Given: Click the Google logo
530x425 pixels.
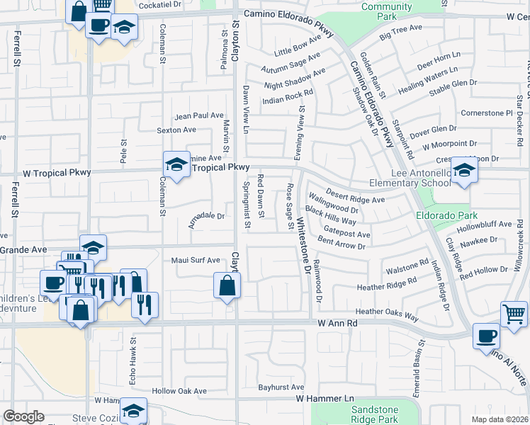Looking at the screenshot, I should tap(24, 416).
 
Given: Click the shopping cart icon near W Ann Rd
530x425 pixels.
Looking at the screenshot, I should tap(514, 312).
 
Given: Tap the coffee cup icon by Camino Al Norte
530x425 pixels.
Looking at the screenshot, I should tap(487, 336).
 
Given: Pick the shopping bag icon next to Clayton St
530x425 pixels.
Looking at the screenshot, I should tap(227, 286).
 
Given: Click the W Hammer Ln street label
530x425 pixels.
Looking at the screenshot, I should tap(324, 399).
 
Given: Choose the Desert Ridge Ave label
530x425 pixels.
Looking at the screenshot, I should tap(355, 195).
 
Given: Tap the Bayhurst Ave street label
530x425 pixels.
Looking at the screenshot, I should tap(281, 387).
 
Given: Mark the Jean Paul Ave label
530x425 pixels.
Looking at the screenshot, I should tap(199, 115).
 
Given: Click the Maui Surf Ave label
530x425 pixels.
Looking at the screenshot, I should tap(196, 260).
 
